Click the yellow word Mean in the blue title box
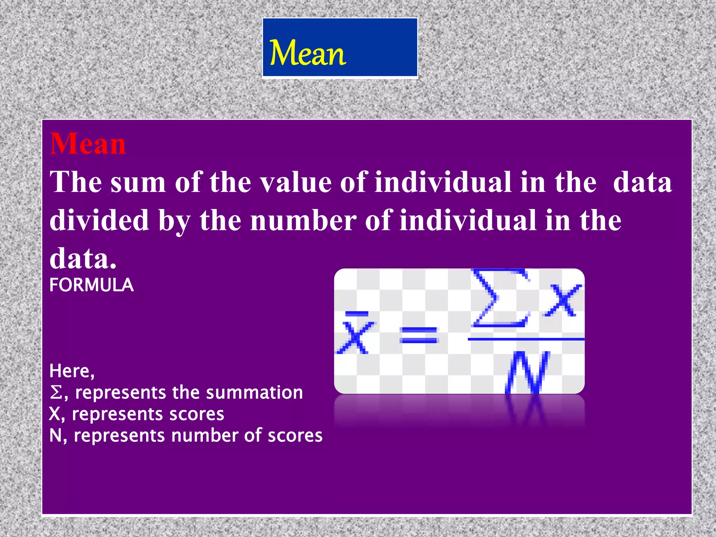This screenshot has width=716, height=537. pos(308,53)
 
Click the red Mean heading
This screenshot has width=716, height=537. pos(88,144)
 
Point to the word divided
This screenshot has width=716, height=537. pos(100,220)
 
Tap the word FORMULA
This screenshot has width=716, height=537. pos(92,285)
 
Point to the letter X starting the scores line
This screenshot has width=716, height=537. pos(55,414)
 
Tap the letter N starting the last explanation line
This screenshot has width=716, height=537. pos(56,436)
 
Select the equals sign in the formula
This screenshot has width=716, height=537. pos(419,335)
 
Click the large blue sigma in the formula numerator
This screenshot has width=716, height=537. pos(500,298)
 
